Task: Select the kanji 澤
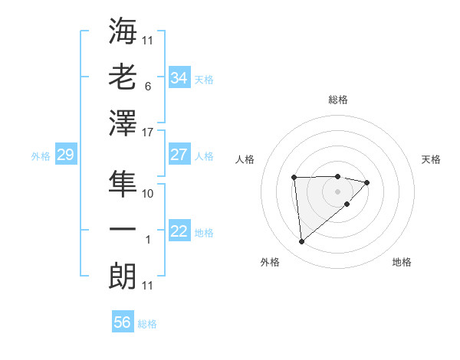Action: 123,123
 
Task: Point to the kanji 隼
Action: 123,184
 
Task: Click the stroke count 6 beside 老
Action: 148,87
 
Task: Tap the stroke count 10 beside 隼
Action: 148,195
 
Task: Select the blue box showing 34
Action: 179,78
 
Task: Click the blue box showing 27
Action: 179,155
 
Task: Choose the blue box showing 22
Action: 179,231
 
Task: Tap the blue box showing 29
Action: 65,155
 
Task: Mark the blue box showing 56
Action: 123,322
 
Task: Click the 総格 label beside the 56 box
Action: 147,324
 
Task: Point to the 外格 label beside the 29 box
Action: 41,156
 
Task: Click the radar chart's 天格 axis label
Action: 432,159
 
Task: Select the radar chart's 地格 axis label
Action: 402,263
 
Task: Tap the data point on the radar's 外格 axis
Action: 301,242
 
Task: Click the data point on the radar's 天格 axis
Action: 367,182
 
